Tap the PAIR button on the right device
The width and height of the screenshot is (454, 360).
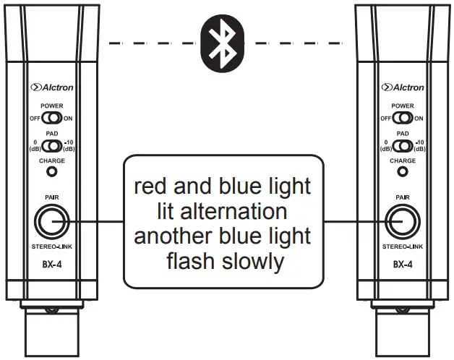point(402,220)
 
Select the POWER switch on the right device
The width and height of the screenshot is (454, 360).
point(402,118)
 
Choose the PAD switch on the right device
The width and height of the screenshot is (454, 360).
point(402,146)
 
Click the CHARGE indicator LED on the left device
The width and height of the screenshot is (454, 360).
point(52,172)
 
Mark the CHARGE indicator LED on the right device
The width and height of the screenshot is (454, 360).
point(402,172)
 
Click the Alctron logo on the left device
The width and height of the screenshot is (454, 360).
point(52,87)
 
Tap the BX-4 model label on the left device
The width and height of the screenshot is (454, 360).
point(52,265)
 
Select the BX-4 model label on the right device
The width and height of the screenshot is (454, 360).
point(402,265)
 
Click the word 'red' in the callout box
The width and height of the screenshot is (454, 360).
point(153,187)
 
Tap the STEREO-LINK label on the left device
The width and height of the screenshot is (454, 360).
point(52,247)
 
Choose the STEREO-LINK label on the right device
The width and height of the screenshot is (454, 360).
point(402,247)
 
